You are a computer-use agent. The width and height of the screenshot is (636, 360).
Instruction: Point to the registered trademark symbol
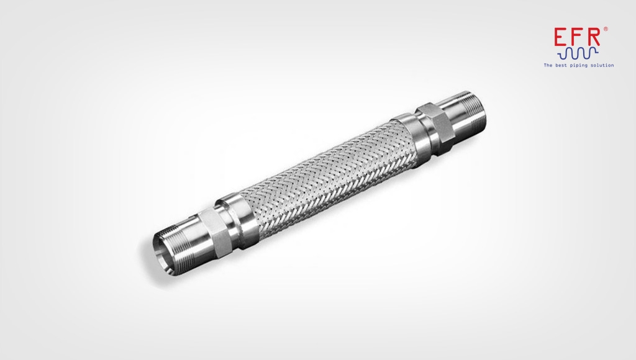tap(606, 29)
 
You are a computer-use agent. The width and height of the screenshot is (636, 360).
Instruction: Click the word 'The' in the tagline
tap(548, 65)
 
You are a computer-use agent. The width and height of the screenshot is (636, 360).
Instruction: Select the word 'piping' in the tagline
tap(579, 65)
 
